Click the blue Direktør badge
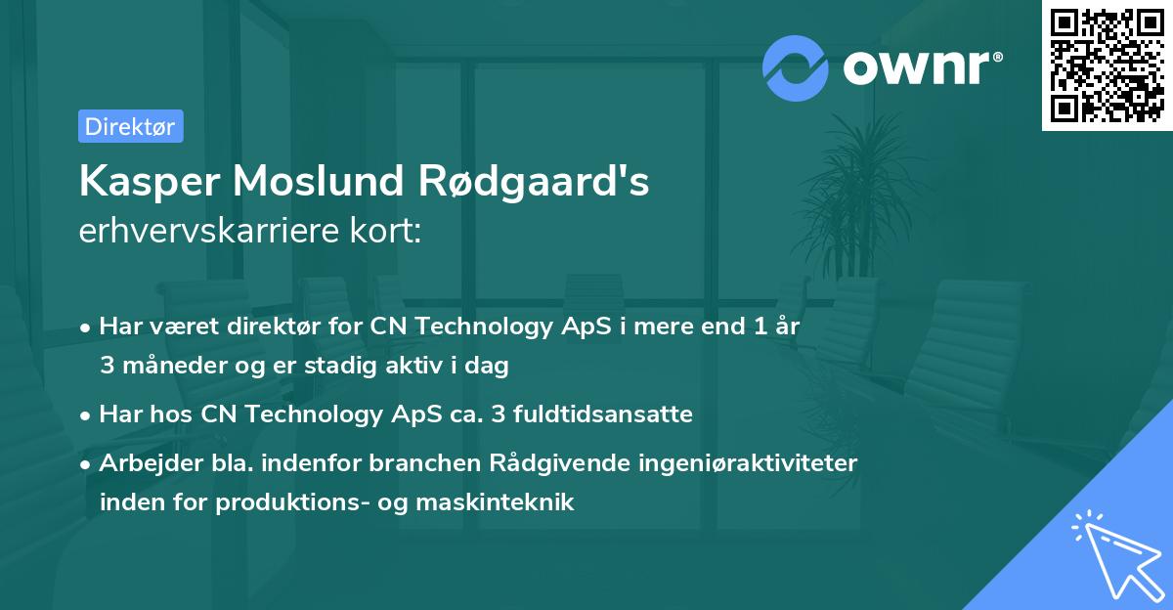[130, 126]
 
